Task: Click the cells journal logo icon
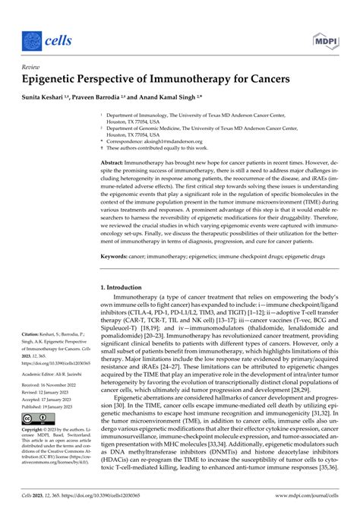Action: point(31,37)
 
